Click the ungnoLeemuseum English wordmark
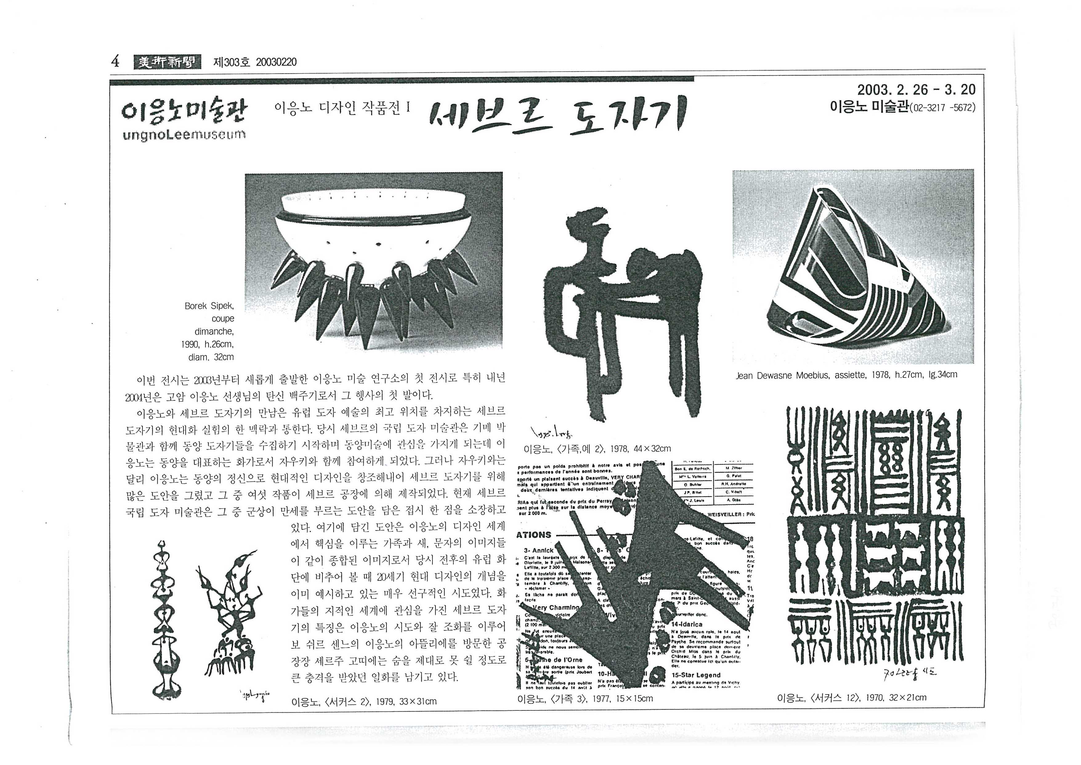pos(184,135)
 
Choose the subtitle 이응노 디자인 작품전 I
pos(342,108)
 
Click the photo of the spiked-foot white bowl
pos(373,260)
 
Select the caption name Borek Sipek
pos(209,306)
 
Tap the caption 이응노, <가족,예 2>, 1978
pos(597,449)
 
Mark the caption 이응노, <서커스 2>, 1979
pos(364,702)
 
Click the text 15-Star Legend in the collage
pos(696,675)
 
